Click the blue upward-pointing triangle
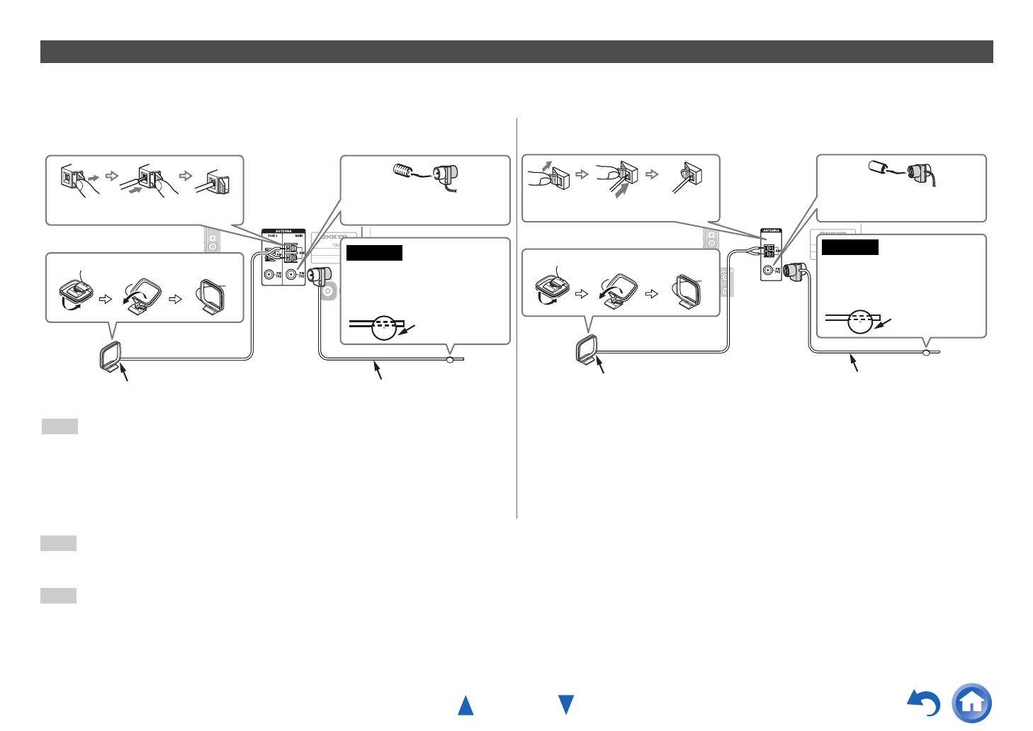pyautogui.click(x=465, y=705)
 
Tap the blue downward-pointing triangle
pyautogui.click(x=566, y=705)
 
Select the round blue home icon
pyautogui.click(x=972, y=703)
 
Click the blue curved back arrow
pyautogui.click(x=925, y=703)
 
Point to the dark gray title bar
pyautogui.click(x=516, y=52)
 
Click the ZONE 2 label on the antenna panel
pyautogui.click(x=273, y=236)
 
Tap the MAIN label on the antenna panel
pyautogui.click(x=298, y=236)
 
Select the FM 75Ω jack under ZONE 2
pyautogui.click(x=269, y=275)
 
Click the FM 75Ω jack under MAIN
pyautogui.click(x=291, y=274)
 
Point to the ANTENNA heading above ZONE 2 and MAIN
pyautogui.click(x=283, y=231)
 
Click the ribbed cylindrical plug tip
pyautogui.click(x=402, y=171)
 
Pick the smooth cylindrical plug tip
pyautogui.click(x=879, y=168)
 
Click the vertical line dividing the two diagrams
pyautogui.click(x=517, y=319)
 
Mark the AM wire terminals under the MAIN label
pyautogui.click(x=290, y=253)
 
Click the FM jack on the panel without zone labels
pyautogui.click(x=768, y=270)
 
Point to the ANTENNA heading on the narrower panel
pyautogui.click(x=770, y=230)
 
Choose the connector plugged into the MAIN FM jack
pyautogui.click(x=321, y=275)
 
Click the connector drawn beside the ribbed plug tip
pyautogui.click(x=446, y=174)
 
